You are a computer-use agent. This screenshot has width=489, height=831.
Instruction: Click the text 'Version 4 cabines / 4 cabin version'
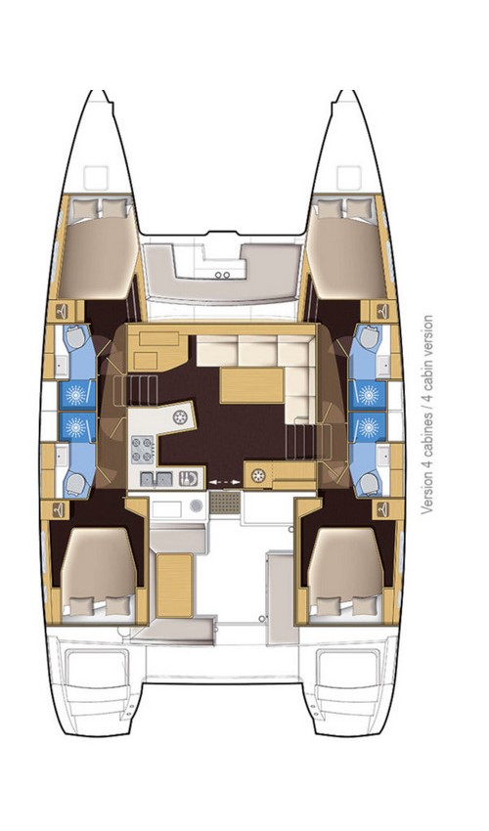click(x=427, y=415)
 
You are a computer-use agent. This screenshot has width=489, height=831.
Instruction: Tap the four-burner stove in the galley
click(x=143, y=450)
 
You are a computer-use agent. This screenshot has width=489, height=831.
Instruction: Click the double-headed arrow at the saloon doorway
click(x=224, y=480)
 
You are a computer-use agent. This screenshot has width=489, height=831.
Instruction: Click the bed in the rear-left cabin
click(x=98, y=567)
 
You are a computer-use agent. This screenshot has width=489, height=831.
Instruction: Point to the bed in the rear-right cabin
click(x=343, y=567)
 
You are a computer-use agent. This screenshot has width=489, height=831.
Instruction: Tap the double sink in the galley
click(x=157, y=479)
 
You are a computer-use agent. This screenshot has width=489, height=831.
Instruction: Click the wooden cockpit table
click(x=176, y=584)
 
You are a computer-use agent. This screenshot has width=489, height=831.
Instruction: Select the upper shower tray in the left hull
click(x=76, y=394)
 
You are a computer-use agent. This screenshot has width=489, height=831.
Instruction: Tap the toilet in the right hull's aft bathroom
click(x=369, y=481)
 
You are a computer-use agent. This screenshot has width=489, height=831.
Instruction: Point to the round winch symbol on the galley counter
click(x=181, y=418)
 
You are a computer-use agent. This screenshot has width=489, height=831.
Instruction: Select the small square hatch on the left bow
click(x=96, y=178)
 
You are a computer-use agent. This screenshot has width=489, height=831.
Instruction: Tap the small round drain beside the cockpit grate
click(x=197, y=504)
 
